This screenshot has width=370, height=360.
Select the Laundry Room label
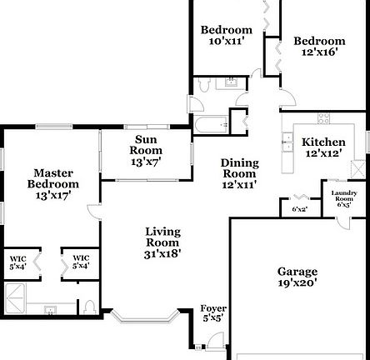point(344,197)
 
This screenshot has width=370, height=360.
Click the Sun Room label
point(146,145)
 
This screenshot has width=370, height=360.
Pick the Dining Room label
point(239,173)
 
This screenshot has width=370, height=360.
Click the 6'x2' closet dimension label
point(298,209)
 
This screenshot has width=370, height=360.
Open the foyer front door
point(216,340)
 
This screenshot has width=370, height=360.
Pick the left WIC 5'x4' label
point(17,262)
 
